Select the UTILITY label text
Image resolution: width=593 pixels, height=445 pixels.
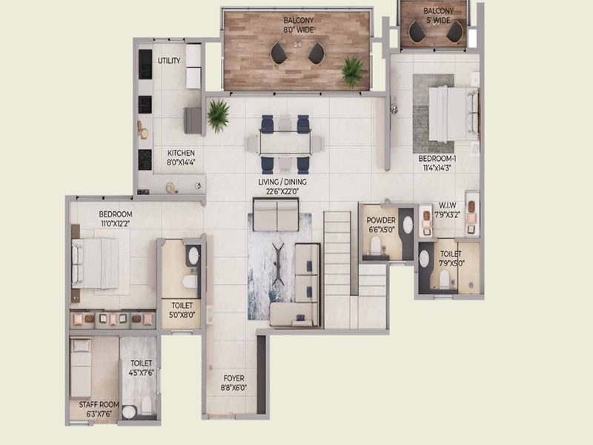coord(169,61)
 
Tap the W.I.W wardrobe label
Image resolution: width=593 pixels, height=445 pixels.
coord(447,205)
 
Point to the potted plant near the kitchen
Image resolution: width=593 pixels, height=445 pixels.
coord(218,115)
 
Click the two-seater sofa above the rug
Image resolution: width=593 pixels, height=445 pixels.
coord(276,217)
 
